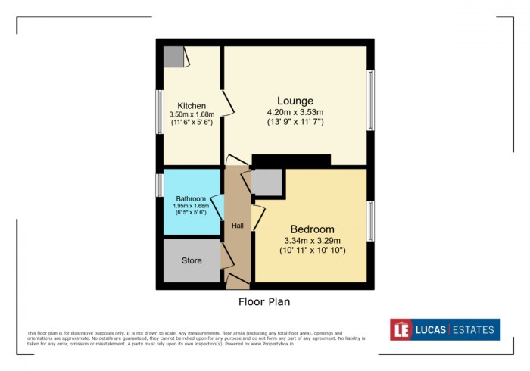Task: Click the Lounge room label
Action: tap(295, 101)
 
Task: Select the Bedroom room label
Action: tap(312, 229)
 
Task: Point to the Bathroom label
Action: tap(191, 199)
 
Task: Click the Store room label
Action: tap(192, 260)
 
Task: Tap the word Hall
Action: tap(237, 225)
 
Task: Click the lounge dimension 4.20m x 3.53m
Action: tap(295, 111)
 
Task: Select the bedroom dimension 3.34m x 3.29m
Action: tap(312, 240)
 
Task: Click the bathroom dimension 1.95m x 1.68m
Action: tap(191, 207)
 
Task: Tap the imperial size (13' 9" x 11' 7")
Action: tap(295, 121)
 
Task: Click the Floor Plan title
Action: tap(264, 301)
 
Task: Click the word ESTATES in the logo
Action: tap(474, 329)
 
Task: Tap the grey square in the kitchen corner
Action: tap(173, 56)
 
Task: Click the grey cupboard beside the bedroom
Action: tap(266, 182)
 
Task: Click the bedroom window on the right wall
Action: tap(370, 221)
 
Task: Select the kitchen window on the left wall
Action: tap(161, 112)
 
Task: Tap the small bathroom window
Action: tap(160, 185)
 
